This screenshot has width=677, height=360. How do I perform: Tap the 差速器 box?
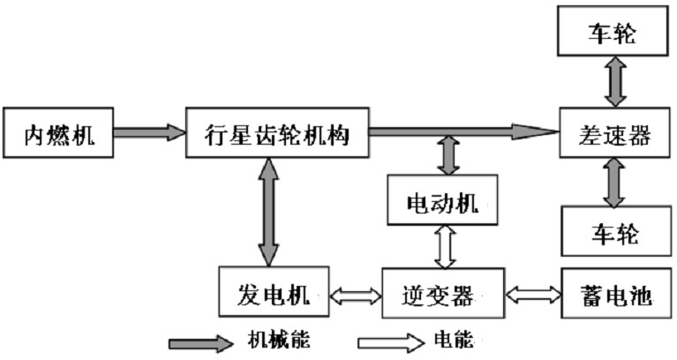point(616,134)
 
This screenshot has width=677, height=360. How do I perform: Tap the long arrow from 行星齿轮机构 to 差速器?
point(463,131)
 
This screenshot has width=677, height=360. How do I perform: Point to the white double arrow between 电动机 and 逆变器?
point(445,247)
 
